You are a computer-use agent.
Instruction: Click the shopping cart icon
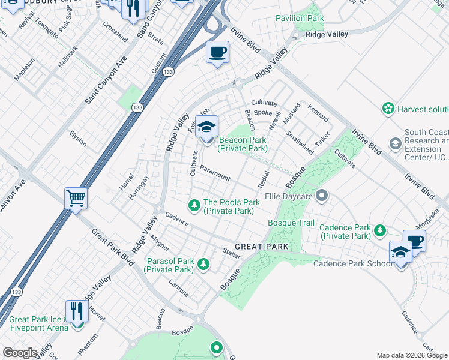click(x=76, y=198)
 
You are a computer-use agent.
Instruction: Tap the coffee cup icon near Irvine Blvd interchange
click(x=217, y=52)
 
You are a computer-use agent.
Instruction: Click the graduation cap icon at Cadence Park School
click(x=400, y=252)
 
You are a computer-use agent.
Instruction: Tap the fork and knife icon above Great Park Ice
click(x=77, y=311)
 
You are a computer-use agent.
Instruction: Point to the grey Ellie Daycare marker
click(x=322, y=195)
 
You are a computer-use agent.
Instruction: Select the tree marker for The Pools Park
click(x=194, y=206)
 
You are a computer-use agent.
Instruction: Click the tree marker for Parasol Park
click(x=204, y=264)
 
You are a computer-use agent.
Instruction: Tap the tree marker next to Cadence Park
click(x=379, y=230)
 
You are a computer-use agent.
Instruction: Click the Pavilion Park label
click(x=300, y=18)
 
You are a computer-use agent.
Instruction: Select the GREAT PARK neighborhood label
click(x=261, y=247)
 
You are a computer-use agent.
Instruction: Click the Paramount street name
click(x=215, y=173)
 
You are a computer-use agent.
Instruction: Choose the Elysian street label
click(x=78, y=139)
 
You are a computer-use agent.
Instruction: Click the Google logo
click(x=19, y=353)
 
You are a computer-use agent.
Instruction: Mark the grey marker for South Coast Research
click(x=396, y=144)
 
